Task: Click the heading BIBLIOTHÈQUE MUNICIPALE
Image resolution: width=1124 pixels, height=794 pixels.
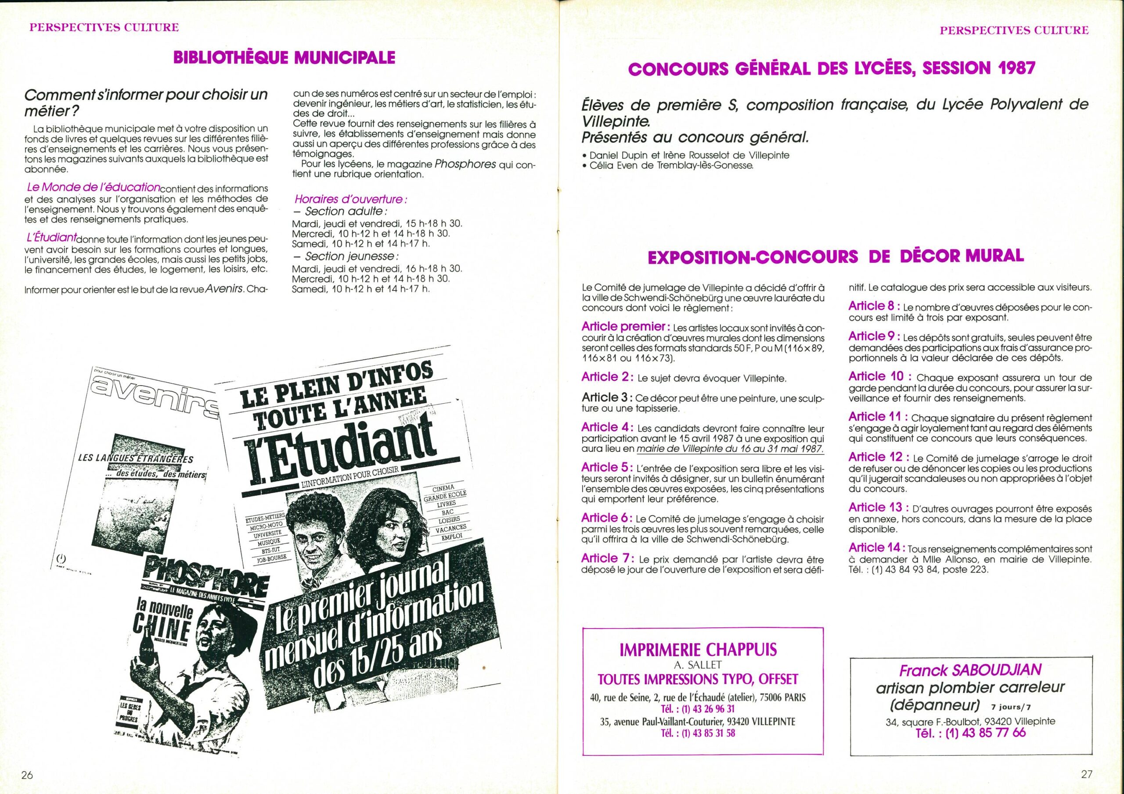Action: [x=284, y=58]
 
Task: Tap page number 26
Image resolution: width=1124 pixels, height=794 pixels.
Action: [x=26, y=774]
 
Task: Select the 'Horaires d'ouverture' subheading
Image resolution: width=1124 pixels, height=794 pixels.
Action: [x=351, y=200]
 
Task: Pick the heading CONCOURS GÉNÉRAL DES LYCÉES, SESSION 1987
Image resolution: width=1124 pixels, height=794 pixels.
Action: [x=831, y=68]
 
